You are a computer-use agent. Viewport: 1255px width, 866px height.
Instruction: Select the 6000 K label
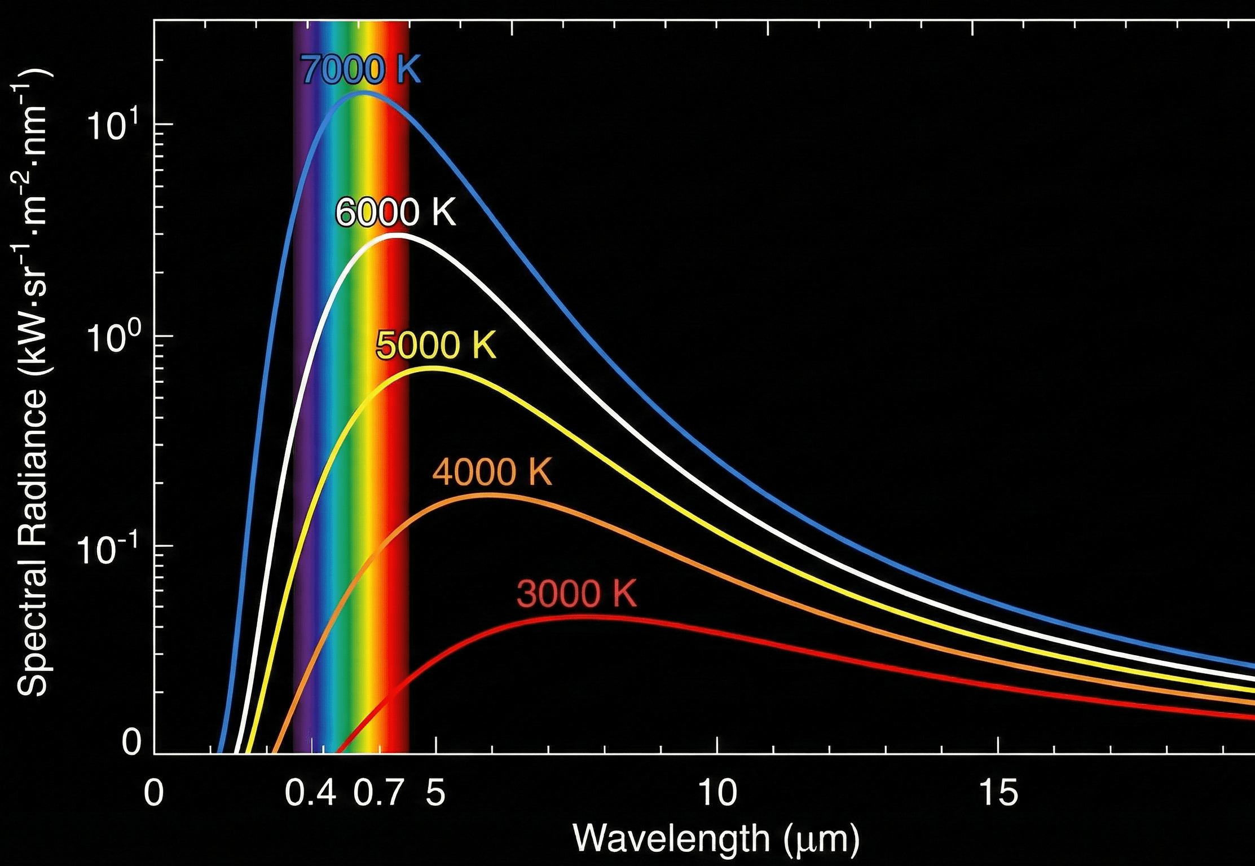395,213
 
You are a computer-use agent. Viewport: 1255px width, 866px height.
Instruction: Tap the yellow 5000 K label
435,345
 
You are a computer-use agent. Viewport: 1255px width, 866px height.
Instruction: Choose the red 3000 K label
576,593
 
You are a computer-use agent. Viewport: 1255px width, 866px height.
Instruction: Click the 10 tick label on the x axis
717,793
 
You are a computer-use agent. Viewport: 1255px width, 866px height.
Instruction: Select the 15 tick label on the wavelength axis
998,793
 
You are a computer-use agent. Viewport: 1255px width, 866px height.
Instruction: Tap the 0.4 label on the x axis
310,793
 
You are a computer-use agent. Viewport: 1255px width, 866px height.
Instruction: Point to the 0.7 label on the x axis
378,793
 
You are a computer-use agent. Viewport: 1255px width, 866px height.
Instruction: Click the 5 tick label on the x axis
435,793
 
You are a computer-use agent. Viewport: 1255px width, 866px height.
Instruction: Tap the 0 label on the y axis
131,742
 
